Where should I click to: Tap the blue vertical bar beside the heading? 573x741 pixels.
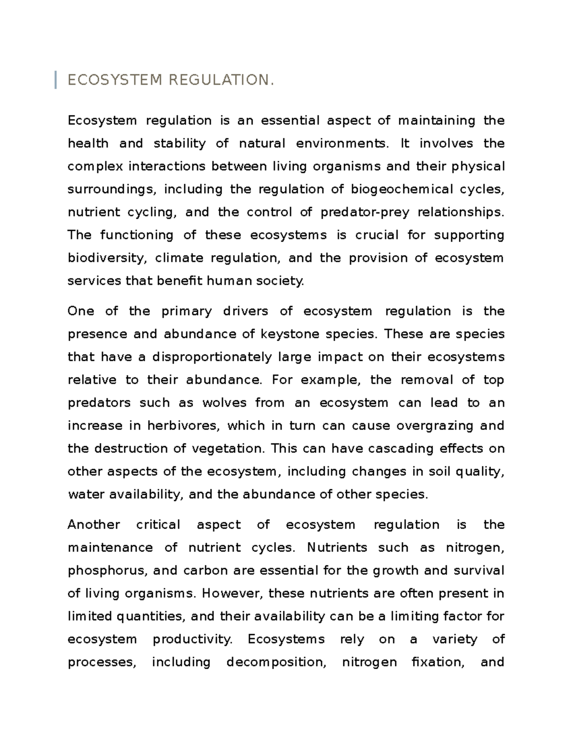coord(56,80)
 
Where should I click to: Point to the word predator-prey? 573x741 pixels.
coord(365,212)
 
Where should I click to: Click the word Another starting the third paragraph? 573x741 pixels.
coord(94,525)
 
